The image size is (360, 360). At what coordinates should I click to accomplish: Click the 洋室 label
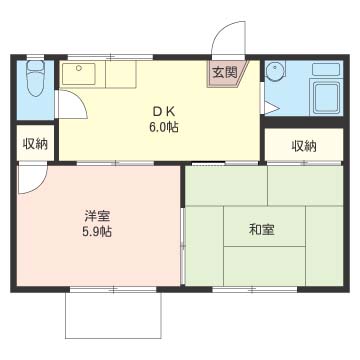[97, 215]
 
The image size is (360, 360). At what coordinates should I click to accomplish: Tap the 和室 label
[263, 229]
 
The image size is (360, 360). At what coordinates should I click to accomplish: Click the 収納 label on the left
[36, 143]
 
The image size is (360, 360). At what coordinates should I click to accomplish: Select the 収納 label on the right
[304, 146]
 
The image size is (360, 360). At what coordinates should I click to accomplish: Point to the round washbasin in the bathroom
[276, 71]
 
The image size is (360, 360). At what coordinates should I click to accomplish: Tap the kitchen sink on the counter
[78, 74]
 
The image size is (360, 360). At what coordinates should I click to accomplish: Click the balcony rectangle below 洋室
[114, 315]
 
